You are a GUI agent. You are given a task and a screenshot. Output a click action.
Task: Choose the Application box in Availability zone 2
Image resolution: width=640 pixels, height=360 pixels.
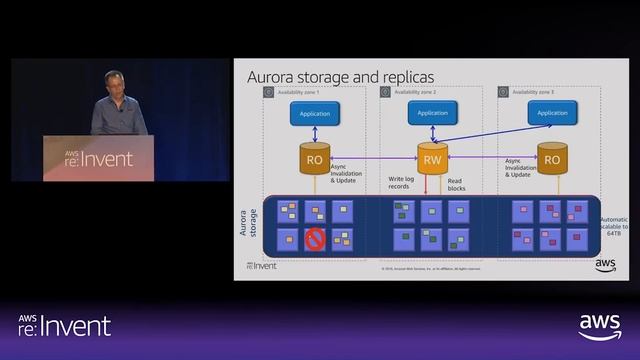[x=433, y=113]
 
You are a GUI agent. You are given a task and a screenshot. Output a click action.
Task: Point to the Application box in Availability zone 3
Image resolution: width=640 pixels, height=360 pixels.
[x=551, y=113]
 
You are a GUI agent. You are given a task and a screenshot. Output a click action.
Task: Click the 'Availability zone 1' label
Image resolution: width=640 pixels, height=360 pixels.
[x=299, y=91]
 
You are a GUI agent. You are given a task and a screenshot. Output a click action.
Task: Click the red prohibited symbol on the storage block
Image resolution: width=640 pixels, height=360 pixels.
[x=315, y=239]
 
